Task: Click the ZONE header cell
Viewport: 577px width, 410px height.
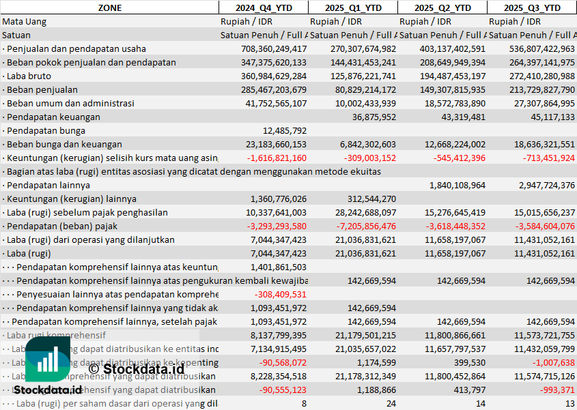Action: (109, 8)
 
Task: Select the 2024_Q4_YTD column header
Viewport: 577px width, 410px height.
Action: (263, 8)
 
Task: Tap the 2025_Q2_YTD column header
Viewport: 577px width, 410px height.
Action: (442, 8)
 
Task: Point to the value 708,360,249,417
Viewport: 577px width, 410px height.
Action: (274, 48)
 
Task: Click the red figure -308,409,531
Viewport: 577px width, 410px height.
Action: (280, 294)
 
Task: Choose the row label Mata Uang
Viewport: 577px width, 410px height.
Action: (25, 21)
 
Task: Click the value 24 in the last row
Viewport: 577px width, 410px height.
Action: (390, 403)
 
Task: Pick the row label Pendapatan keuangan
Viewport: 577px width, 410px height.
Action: (53, 117)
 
